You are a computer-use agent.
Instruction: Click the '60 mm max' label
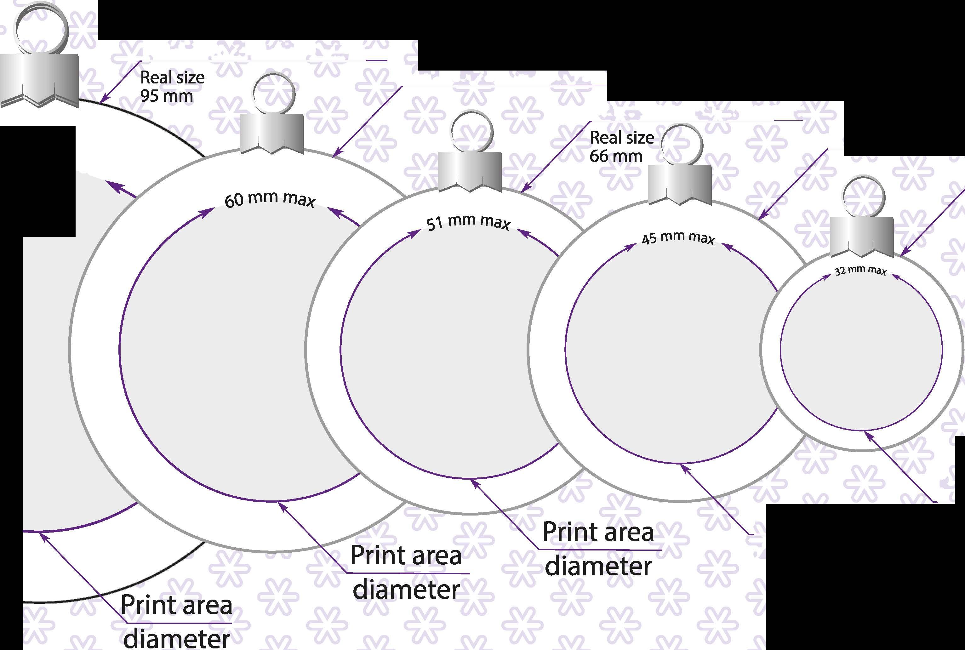270,199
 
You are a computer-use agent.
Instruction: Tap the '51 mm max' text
468,222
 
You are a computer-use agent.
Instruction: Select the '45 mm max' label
678,238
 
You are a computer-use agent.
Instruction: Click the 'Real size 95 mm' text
172,87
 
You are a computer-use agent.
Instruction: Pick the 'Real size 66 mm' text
621,147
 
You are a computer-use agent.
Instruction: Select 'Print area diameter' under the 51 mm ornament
598,549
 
